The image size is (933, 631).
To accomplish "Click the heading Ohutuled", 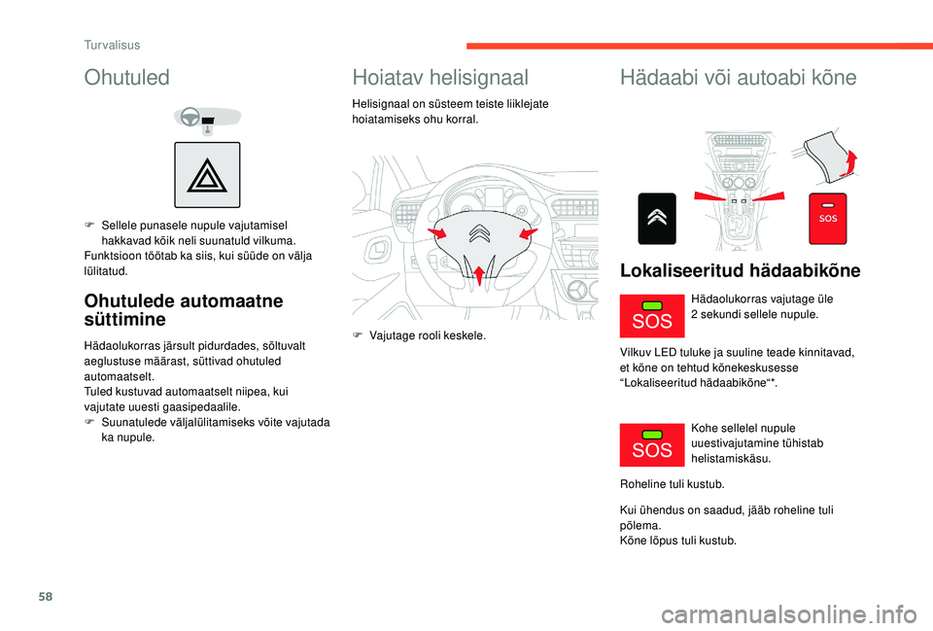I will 127,77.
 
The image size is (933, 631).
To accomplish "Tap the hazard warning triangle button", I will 207,175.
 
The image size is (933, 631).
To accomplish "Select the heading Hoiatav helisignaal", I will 440,78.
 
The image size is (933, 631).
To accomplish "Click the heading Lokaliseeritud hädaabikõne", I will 740,270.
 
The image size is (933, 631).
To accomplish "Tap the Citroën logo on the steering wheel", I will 477,234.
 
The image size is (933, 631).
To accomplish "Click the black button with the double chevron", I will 657,219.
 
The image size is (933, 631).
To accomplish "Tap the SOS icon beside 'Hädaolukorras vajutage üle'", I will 652,314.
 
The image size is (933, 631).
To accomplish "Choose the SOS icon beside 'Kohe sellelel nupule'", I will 652,443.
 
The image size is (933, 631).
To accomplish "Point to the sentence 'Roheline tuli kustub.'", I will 672,483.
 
